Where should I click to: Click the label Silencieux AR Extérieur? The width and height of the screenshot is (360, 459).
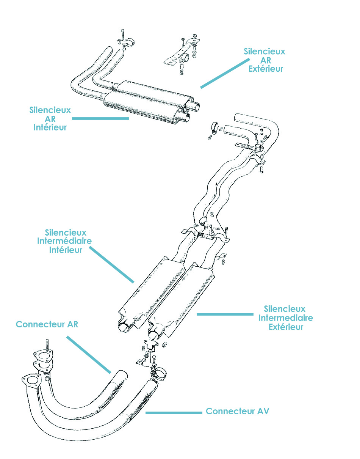(264, 60)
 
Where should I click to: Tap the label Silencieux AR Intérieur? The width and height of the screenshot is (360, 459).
(50, 119)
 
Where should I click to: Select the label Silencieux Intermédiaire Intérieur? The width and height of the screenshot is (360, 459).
(64, 241)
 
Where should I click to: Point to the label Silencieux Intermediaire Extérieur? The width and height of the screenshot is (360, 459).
(286, 318)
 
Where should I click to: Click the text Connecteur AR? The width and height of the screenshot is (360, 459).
(47, 325)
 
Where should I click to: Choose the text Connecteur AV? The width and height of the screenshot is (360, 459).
(238, 411)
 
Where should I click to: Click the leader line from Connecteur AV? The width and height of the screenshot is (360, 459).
(174, 413)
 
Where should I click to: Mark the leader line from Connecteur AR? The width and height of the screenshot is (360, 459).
(89, 355)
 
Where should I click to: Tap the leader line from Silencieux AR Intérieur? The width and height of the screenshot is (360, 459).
(100, 118)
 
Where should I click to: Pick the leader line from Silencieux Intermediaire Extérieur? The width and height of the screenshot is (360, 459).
(224, 314)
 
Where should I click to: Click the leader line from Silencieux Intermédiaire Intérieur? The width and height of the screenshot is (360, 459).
(112, 265)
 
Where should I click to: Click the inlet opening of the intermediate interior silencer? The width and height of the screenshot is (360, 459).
(124, 327)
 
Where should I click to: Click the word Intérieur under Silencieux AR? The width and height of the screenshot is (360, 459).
(50, 127)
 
